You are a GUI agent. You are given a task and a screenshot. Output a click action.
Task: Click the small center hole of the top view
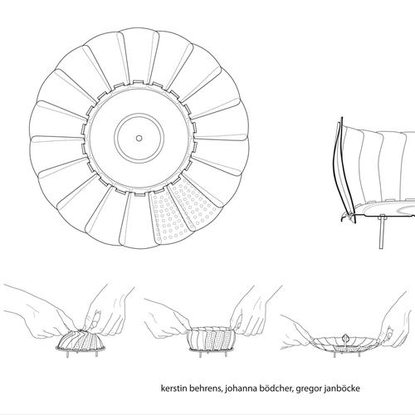[139, 138]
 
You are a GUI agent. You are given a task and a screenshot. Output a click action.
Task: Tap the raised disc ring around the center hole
[139, 115]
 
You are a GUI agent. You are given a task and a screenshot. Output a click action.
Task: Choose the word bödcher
[275, 388]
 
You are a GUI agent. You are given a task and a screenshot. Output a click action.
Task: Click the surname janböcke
[341, 388]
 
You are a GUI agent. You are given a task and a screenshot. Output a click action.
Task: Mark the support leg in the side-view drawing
[382, 232]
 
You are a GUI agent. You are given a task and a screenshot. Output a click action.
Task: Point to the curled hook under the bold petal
[344, 217]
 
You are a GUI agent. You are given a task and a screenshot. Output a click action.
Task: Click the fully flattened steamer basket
[345, 344]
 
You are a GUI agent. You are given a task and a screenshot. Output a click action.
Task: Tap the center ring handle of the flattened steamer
[345, 338]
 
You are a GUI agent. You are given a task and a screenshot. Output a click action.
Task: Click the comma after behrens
[222, 392]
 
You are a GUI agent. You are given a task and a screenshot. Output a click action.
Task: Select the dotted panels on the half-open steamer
[218, 339]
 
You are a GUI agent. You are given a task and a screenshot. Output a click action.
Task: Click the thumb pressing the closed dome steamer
[95, 318]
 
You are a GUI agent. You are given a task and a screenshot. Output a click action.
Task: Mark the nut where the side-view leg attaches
[382, 217]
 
